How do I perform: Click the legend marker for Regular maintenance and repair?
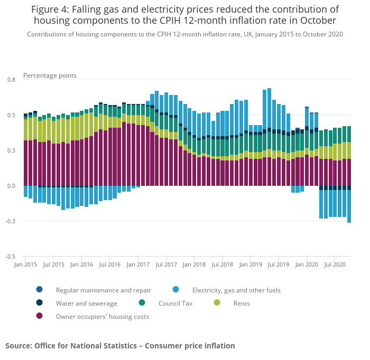point(39,289)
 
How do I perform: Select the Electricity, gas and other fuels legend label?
point(236,290)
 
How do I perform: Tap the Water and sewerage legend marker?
point(39,303)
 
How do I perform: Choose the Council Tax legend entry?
point(175,304)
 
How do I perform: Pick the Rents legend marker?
point(217,303)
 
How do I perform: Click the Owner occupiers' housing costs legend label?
point(102,317)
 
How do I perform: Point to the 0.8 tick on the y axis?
point(11,79)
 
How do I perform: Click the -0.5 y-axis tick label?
point(10,257)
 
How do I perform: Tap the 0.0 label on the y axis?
point(11,186)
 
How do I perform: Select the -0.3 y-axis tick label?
point(10,221)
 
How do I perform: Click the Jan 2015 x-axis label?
point(25,264)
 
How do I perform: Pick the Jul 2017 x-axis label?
point(166,264)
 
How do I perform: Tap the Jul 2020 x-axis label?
point(335,264)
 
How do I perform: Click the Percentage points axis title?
point(50,75)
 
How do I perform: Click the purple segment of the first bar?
point(25,163)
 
